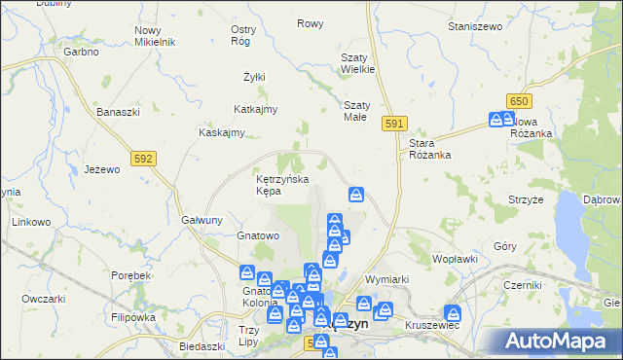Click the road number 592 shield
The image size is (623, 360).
pos(143,157)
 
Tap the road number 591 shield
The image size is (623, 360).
pos(393,124)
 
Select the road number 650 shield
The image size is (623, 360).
pos(519,101)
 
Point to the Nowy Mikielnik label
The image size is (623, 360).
pos(154,37)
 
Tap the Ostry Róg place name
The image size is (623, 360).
pos(243,35)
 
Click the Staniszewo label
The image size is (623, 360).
pos(473,26)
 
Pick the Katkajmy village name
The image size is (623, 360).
pos(256,109)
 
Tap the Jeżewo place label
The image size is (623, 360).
pos(101,168)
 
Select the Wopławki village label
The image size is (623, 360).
pos(455,259)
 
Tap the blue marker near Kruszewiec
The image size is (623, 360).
pos(453,313)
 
